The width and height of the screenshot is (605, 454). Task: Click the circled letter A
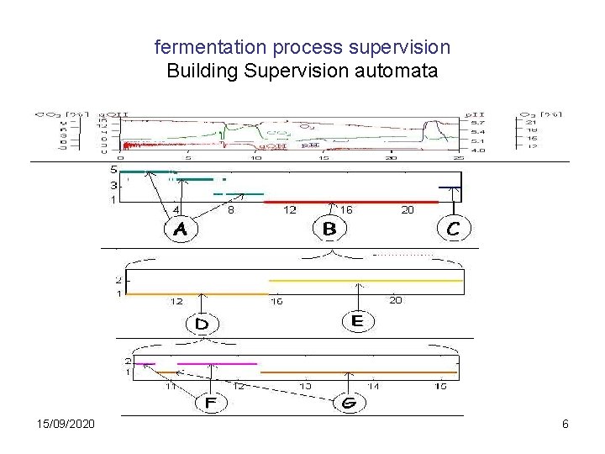click(181, 228)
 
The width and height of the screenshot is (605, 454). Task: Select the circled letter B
click(329, 228)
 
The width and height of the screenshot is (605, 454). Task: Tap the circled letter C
click(453, 228)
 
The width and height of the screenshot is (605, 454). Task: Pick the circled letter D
click(202, 323)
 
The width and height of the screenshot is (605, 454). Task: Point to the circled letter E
click(357, 320)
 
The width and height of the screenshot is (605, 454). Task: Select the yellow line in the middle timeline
click(366, 280)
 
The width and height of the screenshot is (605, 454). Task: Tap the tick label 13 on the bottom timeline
click(305, 386)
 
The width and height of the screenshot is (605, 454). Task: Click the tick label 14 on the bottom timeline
click(372, 386)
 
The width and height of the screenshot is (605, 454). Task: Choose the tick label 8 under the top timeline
click(231, 210)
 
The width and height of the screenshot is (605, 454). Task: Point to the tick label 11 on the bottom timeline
click(171, 386)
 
